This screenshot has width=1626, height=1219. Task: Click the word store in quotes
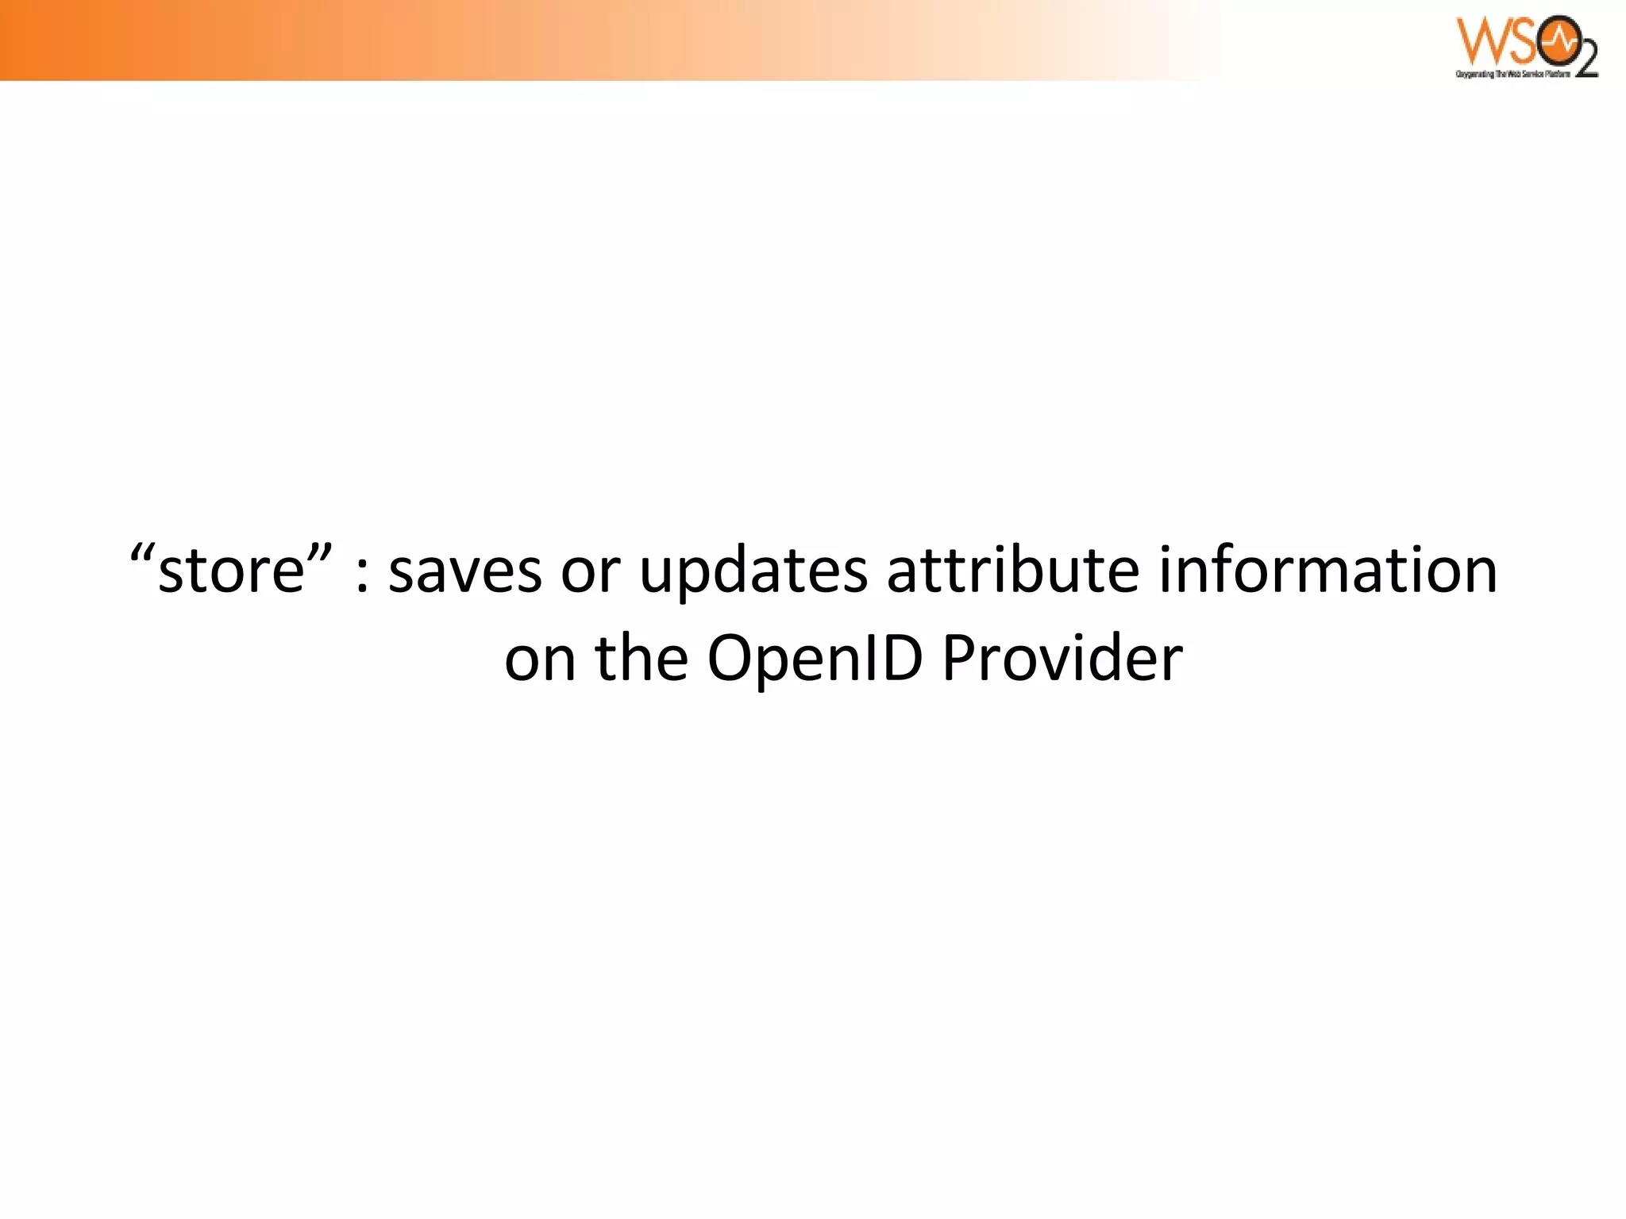[x=232, y=571]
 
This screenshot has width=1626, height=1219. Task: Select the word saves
[x=464, y=571]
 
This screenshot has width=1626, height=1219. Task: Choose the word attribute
[x=1013, y=570]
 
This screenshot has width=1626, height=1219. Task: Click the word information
[x=1327, y=570]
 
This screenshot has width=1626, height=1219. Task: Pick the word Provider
[x=1062, y=659]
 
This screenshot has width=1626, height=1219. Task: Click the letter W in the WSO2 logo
[x=1480, y=41]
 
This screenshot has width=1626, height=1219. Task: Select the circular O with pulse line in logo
[x=1555, y=45]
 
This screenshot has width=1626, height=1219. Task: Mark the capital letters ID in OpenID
[x=888, y=659]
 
